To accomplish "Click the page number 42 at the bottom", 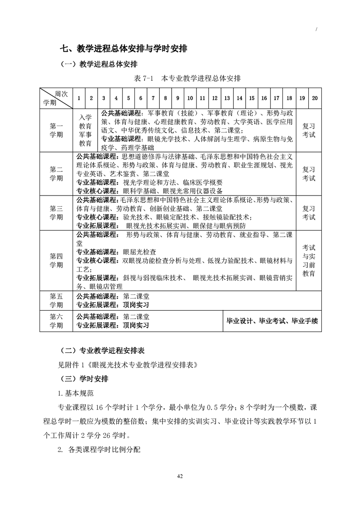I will (180, 476).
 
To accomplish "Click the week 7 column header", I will (153, 98).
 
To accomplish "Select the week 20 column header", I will (315, 98).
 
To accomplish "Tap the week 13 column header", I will (227, 98).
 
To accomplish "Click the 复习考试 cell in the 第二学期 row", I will (309, 173).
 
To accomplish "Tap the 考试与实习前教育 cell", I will (309, 260).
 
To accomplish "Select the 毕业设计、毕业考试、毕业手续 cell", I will (272, 321).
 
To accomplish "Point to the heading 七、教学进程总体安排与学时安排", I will (125, 48).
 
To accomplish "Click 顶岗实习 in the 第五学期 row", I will (136, 304).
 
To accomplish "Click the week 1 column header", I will (79, 98).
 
